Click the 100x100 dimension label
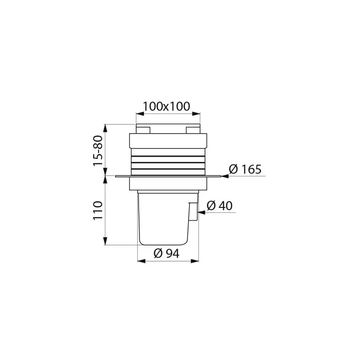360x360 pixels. coord(166,107)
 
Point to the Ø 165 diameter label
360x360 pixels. coord(245,170)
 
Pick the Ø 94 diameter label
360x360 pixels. coord(166,253)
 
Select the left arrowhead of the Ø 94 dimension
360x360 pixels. coord(140,260)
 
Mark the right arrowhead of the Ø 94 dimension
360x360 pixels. coord(196,260)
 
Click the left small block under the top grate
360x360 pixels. coord(143,130)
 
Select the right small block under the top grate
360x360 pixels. coord(193,130)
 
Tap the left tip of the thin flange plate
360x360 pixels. coord(116,176)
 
